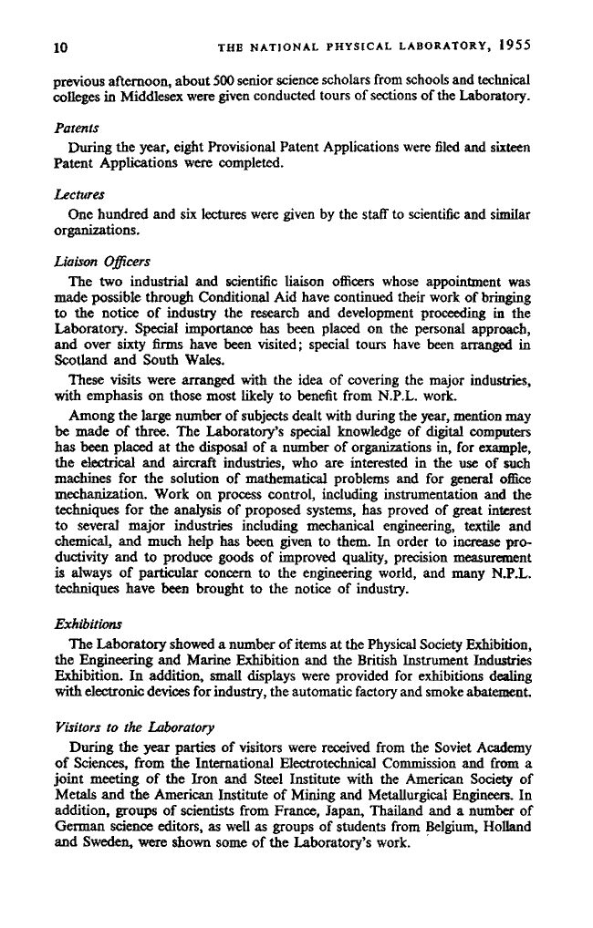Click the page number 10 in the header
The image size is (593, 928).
[61, 46]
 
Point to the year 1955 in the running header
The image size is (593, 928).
[516, 45]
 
